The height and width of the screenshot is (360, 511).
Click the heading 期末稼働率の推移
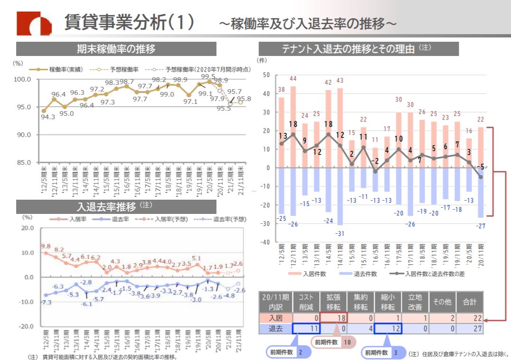(x=116, y=49)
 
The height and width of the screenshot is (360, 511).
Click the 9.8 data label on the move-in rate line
(x=46, y=246)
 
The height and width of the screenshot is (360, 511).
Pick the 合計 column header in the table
(x=470, y=302)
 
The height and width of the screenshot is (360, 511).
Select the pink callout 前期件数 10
(x=333, y=342)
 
